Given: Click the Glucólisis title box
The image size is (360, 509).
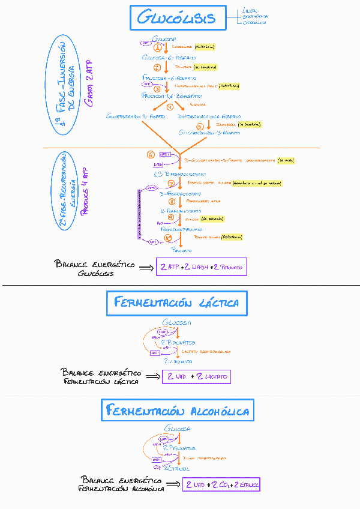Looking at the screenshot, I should click(176, 18).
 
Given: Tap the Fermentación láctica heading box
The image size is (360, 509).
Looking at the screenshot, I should click(176, 303).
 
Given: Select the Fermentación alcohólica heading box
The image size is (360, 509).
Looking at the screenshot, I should click(176, 411).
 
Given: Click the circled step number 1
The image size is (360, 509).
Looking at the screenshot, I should click(158, 47).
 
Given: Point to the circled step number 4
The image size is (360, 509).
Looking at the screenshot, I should click(170, 106).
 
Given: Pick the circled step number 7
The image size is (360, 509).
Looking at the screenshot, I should click(171, 184).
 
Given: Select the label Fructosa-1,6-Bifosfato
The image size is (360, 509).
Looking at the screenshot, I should click(171, 95).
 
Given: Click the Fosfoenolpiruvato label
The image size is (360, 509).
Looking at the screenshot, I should click(182, 229).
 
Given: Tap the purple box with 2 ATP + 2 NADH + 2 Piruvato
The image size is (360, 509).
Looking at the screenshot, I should click(201, 267).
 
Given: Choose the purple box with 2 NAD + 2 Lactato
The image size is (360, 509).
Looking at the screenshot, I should click(197, 376).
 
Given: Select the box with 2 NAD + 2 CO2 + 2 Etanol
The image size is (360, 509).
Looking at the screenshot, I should click(221, 484).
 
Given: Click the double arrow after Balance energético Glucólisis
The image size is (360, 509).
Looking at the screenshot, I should click(145, 267).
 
